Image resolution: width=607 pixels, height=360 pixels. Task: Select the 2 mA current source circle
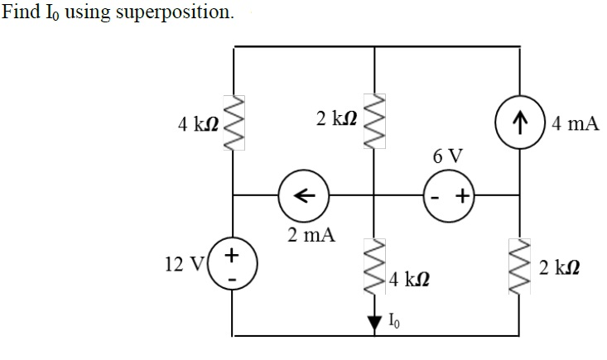coord(303,196)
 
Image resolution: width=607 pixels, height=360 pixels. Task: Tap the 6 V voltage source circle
coord(447,196)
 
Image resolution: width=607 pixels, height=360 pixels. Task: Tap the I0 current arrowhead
coord(375,322)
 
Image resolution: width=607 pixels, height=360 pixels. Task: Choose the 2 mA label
coord(311,234)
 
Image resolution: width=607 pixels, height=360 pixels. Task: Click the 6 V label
coord(447,155)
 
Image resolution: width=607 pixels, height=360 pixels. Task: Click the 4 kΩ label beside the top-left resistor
coord(197,125)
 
